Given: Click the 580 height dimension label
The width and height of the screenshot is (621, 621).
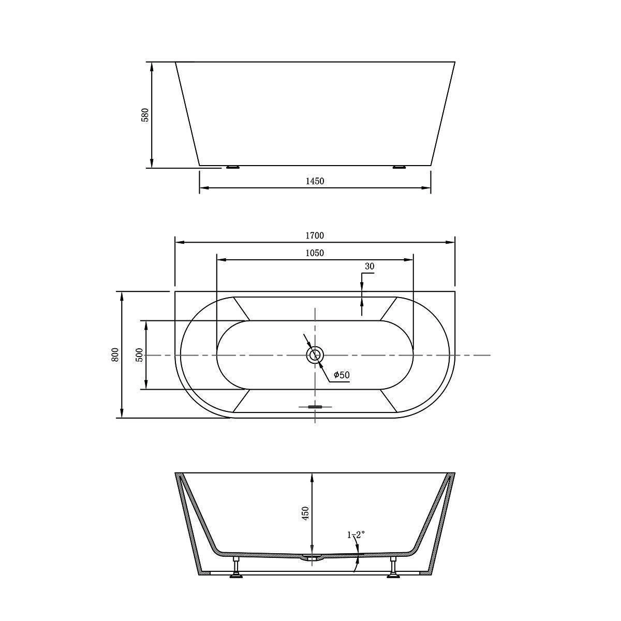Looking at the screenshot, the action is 145,115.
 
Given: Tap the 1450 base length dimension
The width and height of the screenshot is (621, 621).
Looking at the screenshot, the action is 315,181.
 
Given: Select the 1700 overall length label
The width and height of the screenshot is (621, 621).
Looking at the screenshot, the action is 315,235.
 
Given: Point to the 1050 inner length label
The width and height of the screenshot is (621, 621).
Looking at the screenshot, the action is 315,253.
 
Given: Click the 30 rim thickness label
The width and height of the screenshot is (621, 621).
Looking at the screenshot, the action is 369,266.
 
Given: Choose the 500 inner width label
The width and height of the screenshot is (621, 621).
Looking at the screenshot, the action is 139,355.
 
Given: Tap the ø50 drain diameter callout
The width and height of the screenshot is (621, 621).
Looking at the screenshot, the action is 342,375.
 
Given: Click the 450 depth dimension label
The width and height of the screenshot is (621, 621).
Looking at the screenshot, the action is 306,522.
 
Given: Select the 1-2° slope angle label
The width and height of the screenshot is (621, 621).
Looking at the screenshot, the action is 356,535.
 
